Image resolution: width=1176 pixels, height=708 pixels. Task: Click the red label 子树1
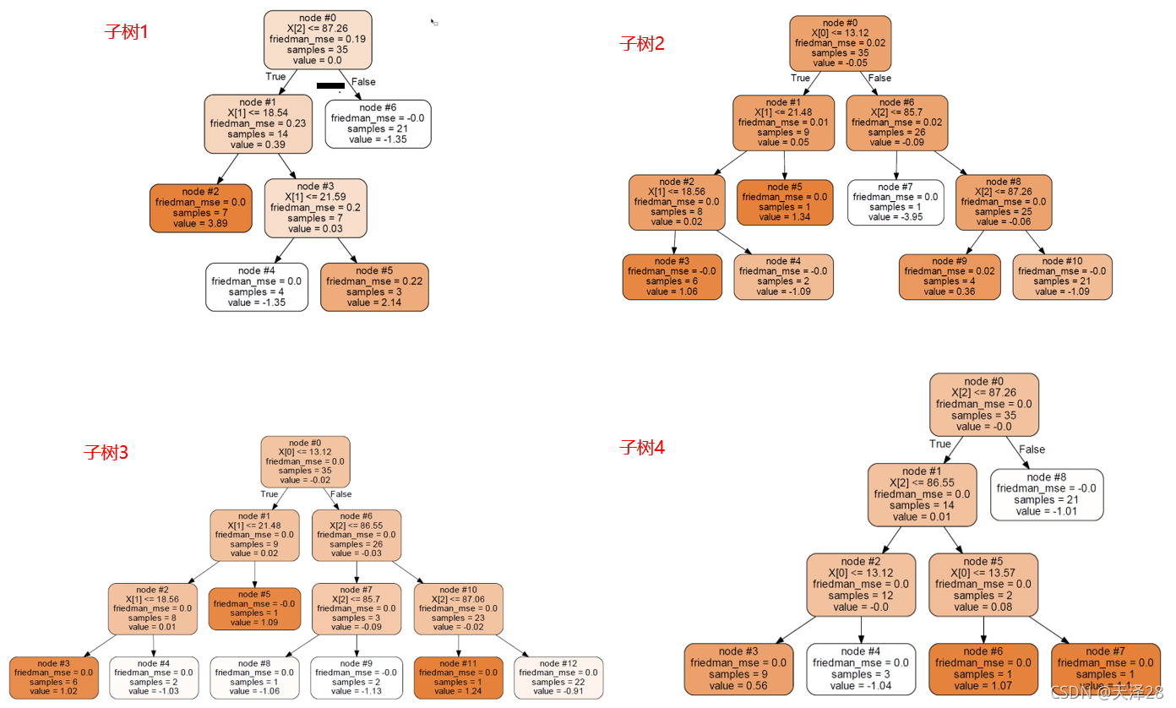pyautogui.click(x=126, y=33)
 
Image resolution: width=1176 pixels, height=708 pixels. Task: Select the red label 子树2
pyautogui.click(x=642, y=44)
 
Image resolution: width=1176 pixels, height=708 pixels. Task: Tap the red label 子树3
pyautogui.click(x=106, y=452)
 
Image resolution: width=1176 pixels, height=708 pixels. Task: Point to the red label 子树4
pyautogui.click(x=642, y=448)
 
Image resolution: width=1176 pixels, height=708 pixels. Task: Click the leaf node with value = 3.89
pyautogui.click(x=201, y=208)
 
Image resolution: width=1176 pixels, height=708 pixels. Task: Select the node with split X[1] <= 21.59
pyautogui.click(x=316, y=207)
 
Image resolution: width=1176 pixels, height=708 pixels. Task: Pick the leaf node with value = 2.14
pyautogui.click(x=374, y=286)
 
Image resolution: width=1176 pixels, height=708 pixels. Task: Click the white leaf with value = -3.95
pyautogui.click(x=896, y=202)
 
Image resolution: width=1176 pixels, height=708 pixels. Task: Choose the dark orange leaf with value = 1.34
pyautogui.click(x=785, y=202)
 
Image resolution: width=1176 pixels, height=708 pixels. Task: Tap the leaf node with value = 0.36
pyautogui.click(x=949, y=276)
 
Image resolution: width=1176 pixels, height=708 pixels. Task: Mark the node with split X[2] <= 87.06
pyautogui.click(x=458, y=607)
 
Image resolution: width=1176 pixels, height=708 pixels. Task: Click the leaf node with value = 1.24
pyautogui.click(x=458, y=678)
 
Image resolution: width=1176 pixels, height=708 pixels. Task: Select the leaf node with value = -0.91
pyautogui.click(x=558, y=678)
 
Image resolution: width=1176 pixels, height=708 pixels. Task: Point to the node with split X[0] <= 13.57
pyautogui.click(x=983, y=585)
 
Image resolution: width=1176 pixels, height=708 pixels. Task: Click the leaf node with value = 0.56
pyautogui.click(x=738, y=669)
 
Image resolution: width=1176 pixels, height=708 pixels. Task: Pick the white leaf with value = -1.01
pyautogui.click(x=1046, y=494)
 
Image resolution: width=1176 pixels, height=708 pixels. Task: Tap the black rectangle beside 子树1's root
pyautogui.click(x=330, y=85)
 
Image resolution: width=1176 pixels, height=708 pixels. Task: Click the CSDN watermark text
pyautogui.click(x=1106, y=692)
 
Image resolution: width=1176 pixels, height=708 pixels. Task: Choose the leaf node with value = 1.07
pyautogui.click(x=983, y=669)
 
